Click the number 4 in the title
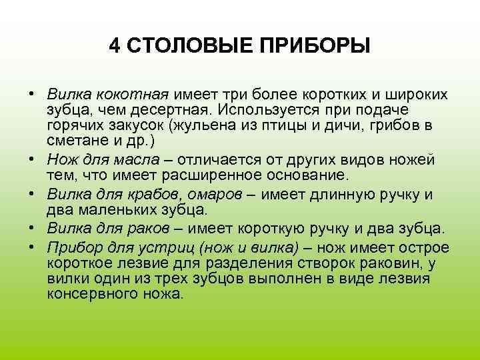[115, 46]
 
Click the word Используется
[260, 110]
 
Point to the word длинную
[337, 195]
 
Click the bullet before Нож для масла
[33, 161]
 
